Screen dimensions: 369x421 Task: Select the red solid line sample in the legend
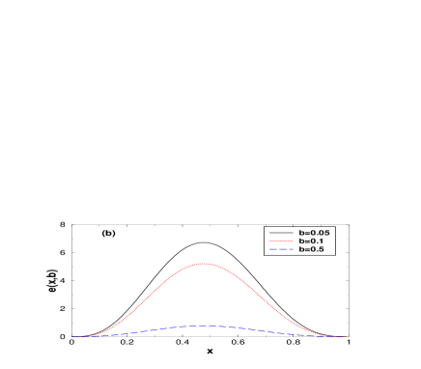tap(281, 241)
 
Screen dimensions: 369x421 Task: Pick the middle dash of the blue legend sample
tap(281, 249)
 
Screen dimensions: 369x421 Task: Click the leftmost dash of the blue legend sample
tap(272, 249)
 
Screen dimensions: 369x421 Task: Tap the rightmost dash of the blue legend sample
tap(290, 249)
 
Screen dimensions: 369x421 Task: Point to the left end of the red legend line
tap(269, 241)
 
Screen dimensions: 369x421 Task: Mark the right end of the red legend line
tap(293, 241)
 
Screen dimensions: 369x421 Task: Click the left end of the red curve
tap(71, 336)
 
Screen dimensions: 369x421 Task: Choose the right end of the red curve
tap(346, 336)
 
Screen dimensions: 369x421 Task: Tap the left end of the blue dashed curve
tap(71, 336)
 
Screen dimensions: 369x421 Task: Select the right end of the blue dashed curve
tap(346, 336)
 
